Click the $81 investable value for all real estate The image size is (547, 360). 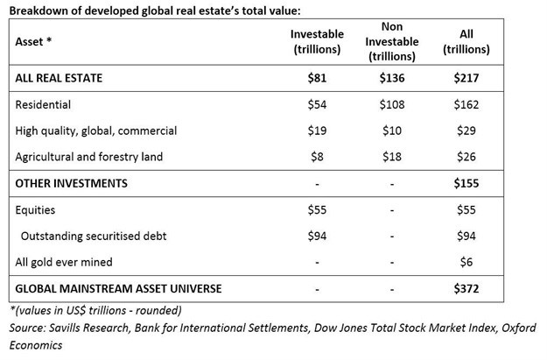tap(319, 78)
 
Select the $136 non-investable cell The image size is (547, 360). tap(391, 78)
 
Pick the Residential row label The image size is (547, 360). tap(45, 104)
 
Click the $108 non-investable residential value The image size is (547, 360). tap(391, 104)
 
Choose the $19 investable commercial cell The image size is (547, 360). tap(319, 131)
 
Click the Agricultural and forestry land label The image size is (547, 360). tap(89, 157)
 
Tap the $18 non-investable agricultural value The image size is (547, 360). tap(391, 157)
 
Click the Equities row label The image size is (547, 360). tap(38, 209)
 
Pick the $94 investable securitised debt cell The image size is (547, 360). tap(319, 236)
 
